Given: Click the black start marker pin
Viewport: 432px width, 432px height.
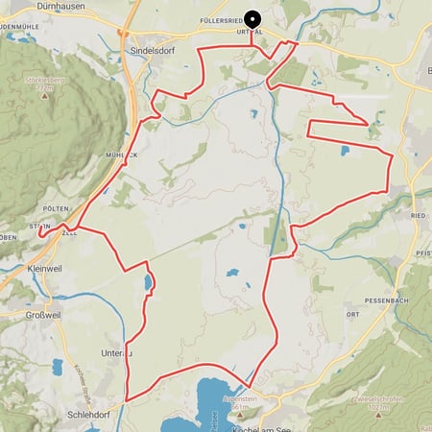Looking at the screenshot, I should (252, 18).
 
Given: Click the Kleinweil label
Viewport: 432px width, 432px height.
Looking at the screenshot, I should (44, 269).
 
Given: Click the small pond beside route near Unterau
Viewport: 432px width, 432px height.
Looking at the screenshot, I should (148, 282).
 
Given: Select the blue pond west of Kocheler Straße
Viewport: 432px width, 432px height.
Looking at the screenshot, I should (58, 368).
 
